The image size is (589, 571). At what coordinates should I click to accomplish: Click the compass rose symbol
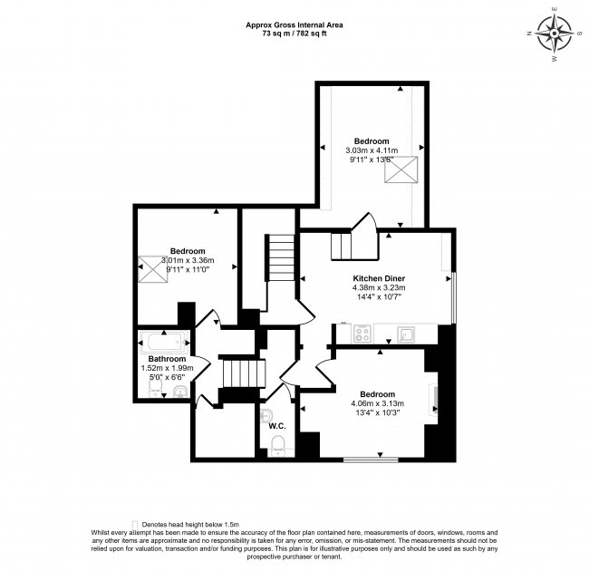click(555, 35)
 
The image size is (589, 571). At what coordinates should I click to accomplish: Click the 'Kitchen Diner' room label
click(378, 278)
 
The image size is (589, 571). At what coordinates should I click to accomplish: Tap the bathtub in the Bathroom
click(163, 344)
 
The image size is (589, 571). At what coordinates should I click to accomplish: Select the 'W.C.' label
click(278, 426)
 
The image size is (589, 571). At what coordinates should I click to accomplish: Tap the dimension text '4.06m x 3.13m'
click(378, 404)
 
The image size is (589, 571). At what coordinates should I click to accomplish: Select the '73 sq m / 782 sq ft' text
click(294, 33)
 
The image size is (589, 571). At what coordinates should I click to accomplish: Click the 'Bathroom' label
click(168, 359)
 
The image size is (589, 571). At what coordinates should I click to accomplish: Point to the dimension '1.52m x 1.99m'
click(168, 369)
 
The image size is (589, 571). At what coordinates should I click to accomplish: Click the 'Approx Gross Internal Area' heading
click(294, 24)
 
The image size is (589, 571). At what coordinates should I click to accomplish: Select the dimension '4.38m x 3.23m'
click(378, 287)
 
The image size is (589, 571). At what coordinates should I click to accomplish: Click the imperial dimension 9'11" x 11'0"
click(187, 269)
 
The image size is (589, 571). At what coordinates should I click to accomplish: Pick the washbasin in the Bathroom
click(180, 391)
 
